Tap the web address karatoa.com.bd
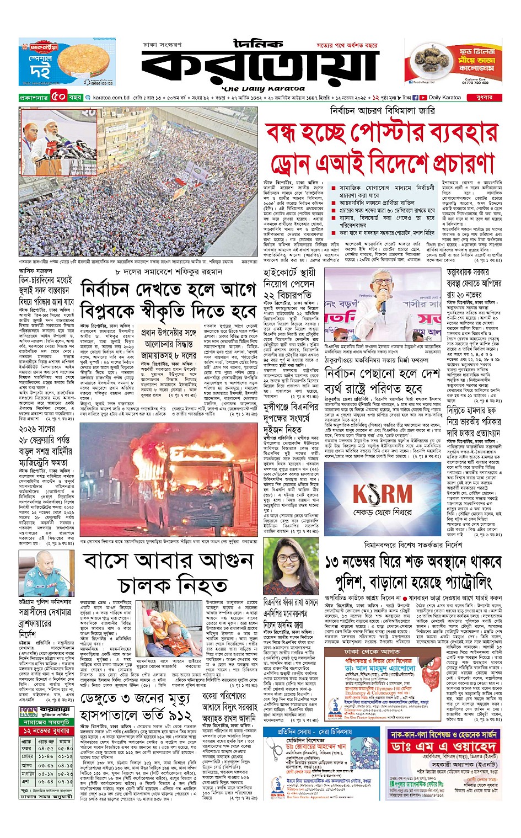[111, 98]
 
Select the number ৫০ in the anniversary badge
[59, 98]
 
